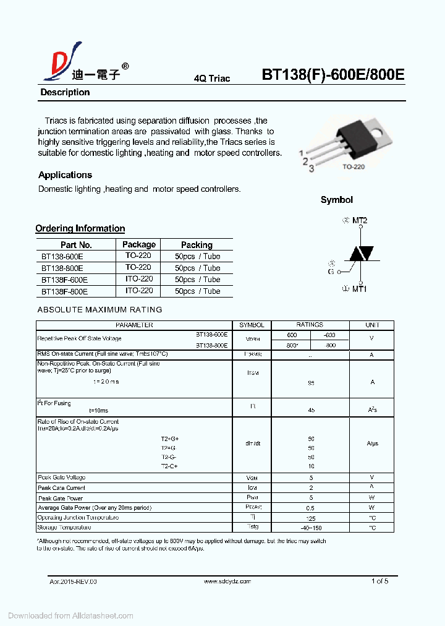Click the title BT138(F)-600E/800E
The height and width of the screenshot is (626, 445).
pos(333,75)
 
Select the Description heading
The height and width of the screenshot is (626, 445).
pos(65,93)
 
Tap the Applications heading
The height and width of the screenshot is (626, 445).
pos(65,175)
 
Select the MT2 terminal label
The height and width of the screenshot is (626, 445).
pos(360,220)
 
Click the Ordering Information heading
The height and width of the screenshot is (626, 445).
pos(80,229)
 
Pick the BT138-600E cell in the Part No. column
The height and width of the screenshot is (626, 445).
pos(62,256)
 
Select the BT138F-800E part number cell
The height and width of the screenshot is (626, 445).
pos(64,291)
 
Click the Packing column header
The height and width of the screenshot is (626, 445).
pos(197,245)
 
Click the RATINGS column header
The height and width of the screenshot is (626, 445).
pos(310,325)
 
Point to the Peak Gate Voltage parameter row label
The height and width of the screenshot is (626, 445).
pos(62,478)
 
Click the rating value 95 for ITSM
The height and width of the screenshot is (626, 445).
pos(311,383)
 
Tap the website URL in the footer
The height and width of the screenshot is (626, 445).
pos(227,581)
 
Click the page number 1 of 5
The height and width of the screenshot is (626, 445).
pos(379,581)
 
